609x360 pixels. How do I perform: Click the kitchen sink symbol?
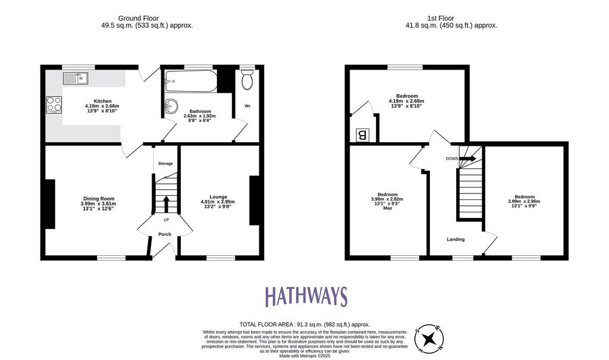coord(76,78)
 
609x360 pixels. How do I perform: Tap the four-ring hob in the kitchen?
coord(54,105)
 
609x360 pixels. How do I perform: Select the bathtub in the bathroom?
coord(190,81)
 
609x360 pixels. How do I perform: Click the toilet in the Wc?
coord(247,80)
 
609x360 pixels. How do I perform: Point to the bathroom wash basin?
coord(171,105)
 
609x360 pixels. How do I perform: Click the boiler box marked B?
coord(362,135)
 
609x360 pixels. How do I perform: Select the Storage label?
coord(165,164)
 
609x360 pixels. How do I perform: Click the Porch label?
coord(165,234)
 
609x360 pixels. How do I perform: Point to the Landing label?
coord(456,239)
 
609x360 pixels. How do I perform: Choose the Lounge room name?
coord(218,197)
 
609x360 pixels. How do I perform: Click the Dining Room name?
coord(99,199)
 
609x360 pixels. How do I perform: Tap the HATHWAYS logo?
coord(306,297)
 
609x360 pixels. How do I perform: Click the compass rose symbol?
coord(429,339)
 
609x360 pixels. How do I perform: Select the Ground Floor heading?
coord(138,18)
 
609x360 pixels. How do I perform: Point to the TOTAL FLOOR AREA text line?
coord(305,324)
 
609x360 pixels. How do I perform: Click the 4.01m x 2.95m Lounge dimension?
coord(218,202)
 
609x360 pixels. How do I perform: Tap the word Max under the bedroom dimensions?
coord(388,208)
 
